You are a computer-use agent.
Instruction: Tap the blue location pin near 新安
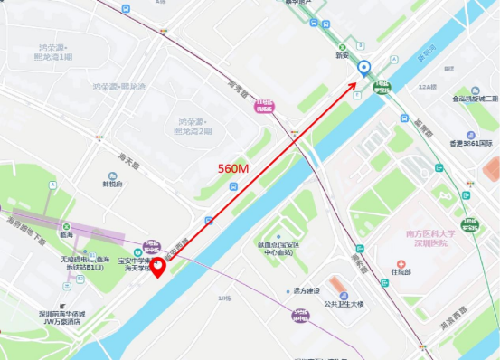point(364,68)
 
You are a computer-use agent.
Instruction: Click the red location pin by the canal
point(157,267)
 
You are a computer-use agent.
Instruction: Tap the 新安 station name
point(342,55)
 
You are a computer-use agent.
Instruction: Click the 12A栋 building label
point(427,86)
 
